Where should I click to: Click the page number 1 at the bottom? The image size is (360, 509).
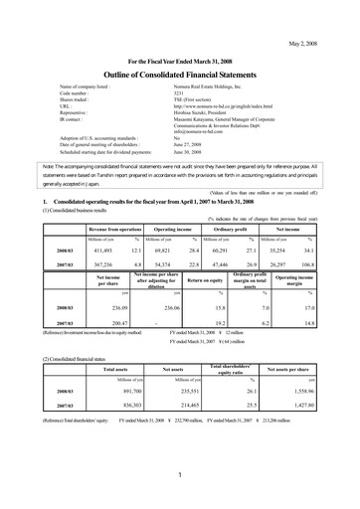click(179, 475)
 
